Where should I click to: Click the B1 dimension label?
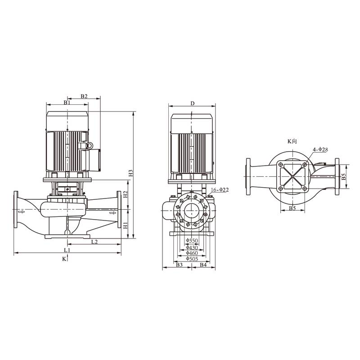[67, 103]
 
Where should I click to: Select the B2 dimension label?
[84, 96]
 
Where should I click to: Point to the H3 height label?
[130, 173]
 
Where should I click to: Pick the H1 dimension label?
[126, 224]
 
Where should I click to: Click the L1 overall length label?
[67, 249]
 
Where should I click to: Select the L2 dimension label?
[94, 242]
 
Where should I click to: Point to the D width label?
[192, 103]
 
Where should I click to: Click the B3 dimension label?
[179, 265]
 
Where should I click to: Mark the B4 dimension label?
[203, 265]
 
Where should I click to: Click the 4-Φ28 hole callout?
[320, 149]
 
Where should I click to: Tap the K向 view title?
[292, 141]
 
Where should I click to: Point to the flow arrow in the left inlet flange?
[20, 210]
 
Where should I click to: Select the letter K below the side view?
[64, 259]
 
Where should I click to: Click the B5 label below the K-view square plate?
[292, 208]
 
